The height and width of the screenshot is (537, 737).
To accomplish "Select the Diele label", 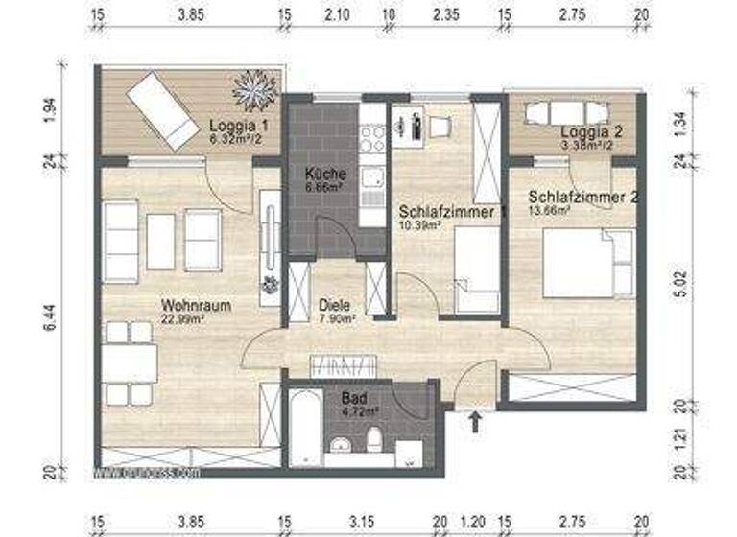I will tap(336, 306).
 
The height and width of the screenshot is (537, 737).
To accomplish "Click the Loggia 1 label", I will tap(238, 126).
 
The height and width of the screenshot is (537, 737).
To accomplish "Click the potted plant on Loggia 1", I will tap(253, 89).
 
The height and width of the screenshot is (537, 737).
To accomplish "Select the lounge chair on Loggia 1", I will tap(161, 111).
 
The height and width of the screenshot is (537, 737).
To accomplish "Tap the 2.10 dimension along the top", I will tap(335, 16).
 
